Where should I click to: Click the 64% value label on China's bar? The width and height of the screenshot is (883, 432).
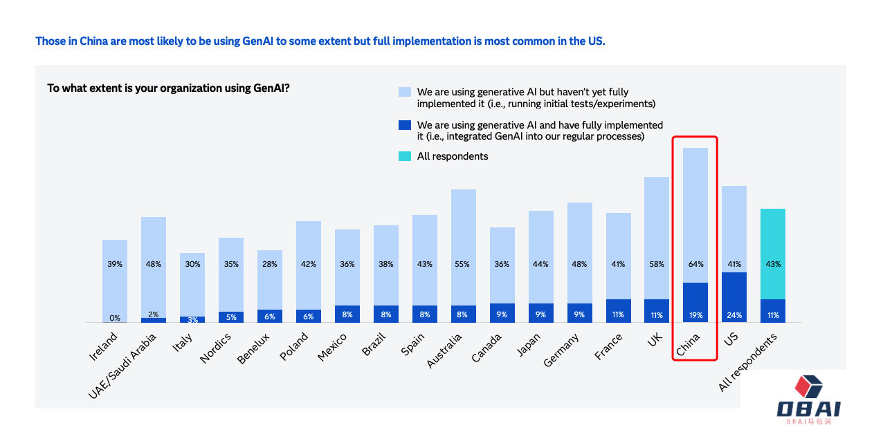[x=695, y=264]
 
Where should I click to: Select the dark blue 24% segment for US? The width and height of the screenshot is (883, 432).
[x=734, y=297]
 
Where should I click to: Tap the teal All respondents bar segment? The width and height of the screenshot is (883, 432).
[x=773, y=254]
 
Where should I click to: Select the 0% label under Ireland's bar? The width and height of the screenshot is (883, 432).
[x=115, y=318]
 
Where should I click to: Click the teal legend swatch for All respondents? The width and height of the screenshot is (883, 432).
[x=405, y=156]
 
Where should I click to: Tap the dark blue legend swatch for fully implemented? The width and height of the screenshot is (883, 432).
[x=405, y=125]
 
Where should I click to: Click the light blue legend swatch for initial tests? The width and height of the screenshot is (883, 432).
[x=405, y=92]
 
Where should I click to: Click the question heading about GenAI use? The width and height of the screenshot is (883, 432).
[x=168, y=88]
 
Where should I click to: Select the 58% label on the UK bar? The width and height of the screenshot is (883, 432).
[x=657, y=264]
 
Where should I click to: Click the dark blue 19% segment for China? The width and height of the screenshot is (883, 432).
[x=695, y=302]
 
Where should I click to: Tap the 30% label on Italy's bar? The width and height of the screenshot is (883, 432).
[x=192, y=264]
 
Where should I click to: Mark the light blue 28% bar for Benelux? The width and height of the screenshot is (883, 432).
[x=270, y=279]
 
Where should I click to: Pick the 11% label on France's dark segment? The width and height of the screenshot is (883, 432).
[x=618, y=314]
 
